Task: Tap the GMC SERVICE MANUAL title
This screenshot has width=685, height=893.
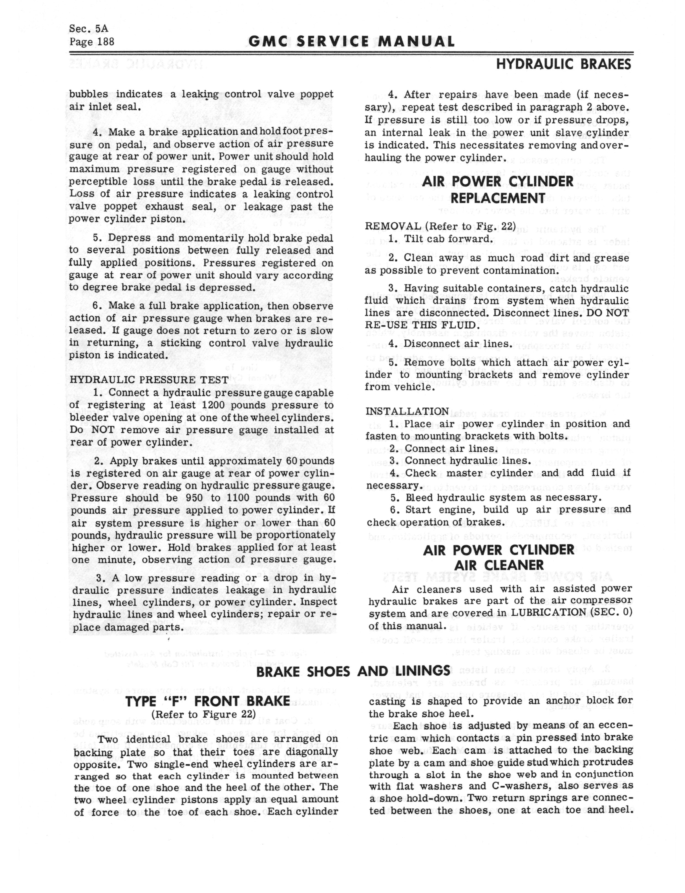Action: click(351, 42)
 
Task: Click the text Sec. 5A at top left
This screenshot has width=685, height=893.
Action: click(89, 28)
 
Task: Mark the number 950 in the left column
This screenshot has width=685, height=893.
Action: click(194, 498)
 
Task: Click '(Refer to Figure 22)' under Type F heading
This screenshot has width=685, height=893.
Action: click(204, 714)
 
